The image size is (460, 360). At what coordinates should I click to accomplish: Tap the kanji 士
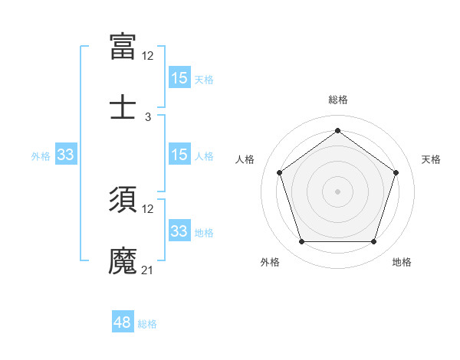pos(123,106)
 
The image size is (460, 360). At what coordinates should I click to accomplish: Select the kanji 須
pos(123,199)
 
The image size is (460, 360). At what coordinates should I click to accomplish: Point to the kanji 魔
pos(123,260)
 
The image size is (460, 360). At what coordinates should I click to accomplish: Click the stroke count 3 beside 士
pos(148,117)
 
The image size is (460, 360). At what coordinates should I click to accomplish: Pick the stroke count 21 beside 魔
pos(148,270)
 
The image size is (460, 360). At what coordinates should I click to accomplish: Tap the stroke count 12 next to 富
pos(148,56)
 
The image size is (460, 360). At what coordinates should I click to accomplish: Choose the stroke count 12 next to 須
pos(148,209)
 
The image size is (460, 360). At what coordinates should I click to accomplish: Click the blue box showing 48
pos(123,322)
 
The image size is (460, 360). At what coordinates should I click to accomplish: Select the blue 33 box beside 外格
pos(65,155)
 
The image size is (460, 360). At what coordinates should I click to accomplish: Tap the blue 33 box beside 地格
pos(179,231)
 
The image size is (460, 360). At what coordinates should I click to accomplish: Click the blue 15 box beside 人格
pos(179,155)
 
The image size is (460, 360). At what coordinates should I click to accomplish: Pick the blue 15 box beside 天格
pos(179,78)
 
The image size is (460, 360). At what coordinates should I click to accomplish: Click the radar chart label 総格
pos(337,100)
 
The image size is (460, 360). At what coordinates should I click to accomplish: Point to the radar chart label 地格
pos(402,262)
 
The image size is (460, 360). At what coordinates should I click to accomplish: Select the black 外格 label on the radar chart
pos(270,262)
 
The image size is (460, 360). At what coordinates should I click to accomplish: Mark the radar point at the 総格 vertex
pos(337,130)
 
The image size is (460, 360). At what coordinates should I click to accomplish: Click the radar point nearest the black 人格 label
pos(279,172)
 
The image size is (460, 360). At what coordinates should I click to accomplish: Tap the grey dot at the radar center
pos(337,191)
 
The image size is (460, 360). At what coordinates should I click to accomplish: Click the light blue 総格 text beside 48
pos(147,324)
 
